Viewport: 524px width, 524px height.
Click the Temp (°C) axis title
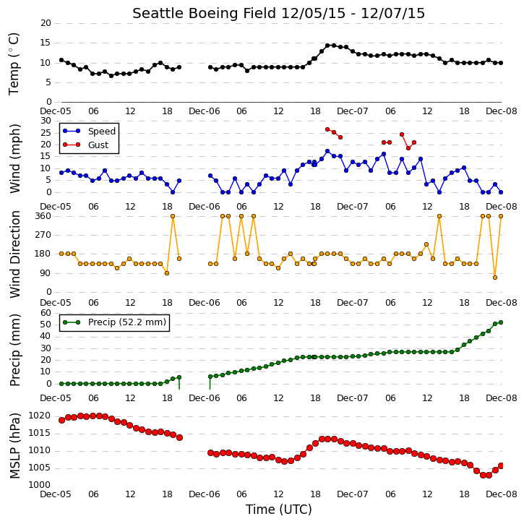(x=14, y=64)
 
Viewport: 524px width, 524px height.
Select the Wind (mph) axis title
(x=14, y=158)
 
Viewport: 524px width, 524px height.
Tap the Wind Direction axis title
(x=14, y=254)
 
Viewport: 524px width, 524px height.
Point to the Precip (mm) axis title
(x=14, y=351)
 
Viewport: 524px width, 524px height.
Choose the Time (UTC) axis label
(x=279, y=510)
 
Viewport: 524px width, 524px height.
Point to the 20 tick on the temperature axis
(x=46, y=23)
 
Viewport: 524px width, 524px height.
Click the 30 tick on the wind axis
(x=46, y=121)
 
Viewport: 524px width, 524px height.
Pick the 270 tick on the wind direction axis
(x=43, y=235)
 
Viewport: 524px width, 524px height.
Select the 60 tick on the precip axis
(x=46, y=313)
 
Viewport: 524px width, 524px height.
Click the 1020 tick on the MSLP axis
(x=40, y=416)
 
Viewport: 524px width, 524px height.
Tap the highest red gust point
(x=327, y=129)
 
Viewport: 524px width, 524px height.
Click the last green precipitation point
(x=501, y=322)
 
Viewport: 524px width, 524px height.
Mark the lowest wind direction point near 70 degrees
(x=495, y=278)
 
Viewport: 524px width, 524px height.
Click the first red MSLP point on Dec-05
(x=62, y=421)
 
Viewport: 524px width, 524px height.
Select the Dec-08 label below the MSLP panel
(x=502, y=494)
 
